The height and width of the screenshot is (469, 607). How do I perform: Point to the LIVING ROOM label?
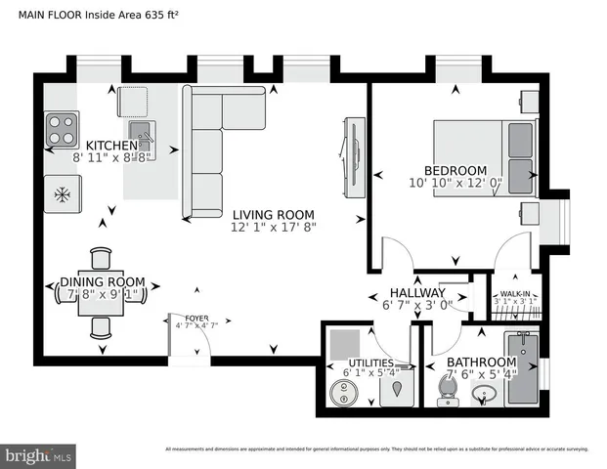pos(273,215)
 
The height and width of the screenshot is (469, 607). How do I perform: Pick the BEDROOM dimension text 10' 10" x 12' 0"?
pos(455,183)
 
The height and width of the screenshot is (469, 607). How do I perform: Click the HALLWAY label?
pos(417,293)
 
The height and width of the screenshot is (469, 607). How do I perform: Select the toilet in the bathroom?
pos(447,390)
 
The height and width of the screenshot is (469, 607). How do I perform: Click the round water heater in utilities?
pos(343,392)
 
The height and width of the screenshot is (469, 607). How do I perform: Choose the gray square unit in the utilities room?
pos(344,345)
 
